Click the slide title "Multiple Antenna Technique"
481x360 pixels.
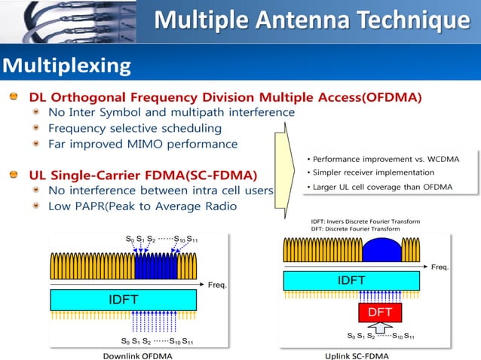point(311,20)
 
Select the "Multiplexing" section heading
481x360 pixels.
point(66,66)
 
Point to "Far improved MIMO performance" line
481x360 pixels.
point(142,144)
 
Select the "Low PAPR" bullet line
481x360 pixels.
point(142,206)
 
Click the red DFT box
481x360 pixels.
point(380,311)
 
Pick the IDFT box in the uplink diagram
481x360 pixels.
point(351,281)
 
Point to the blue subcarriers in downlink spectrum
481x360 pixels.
point(155,264)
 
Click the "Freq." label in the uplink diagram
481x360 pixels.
point(440,267)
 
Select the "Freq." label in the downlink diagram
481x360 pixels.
point(217,285)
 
